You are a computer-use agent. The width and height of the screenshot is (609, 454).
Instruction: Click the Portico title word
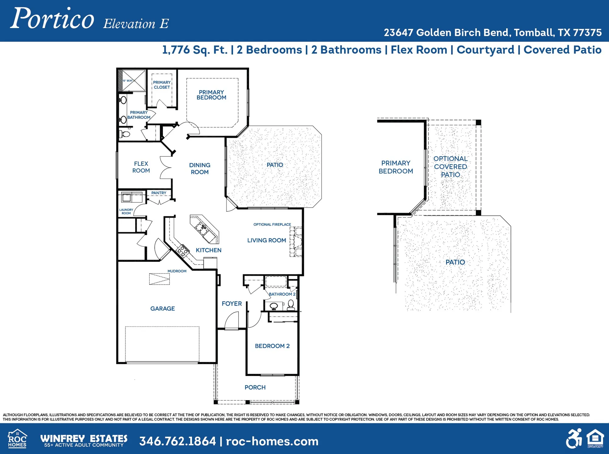(x=52, y=19)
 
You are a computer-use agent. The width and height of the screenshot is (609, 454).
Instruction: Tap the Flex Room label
(x=141, y=167)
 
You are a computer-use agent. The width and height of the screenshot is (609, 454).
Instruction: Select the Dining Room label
(x=199, y=168)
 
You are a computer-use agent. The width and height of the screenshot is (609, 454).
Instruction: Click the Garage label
(x=162, y=308)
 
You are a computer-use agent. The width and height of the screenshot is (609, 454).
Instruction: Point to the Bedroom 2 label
(x=272, y=346)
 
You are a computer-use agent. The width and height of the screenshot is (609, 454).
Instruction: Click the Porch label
(x=255, y=387)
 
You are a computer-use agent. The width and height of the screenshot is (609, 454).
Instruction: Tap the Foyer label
(x=231, y=303)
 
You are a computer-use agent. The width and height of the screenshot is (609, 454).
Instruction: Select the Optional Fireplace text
(x=272, y=225)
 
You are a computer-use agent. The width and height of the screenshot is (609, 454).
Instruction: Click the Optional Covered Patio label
(x=450, y=167)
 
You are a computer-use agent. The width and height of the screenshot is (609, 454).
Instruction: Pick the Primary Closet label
(x=162, y=85)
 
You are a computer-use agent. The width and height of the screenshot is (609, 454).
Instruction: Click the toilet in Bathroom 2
(x=291, y=304)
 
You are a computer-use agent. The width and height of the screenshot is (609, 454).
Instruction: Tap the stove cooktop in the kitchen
(x=183, y=250)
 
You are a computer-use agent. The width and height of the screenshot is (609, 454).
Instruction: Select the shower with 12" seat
(x=133, y=81)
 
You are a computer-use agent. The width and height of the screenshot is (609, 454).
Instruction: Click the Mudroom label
(x=177, y=271)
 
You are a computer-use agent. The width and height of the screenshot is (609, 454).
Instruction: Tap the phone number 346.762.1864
(x=178, y=441)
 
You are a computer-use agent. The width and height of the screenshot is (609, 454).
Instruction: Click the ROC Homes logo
(x=17, y=439)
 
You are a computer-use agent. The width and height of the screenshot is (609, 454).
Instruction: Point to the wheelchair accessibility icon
(x=574, y=439)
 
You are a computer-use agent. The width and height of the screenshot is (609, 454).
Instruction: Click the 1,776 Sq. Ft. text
(x=195, y=50)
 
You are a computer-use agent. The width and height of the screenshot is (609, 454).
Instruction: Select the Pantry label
(x=159, y=193)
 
